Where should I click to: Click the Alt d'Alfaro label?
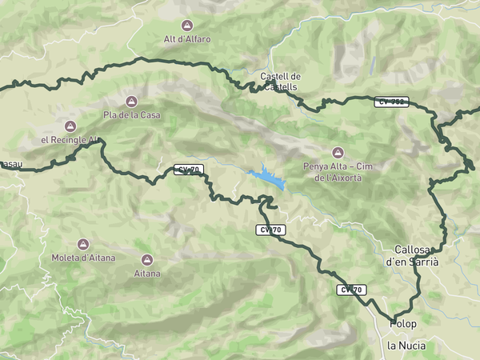click(187, 39)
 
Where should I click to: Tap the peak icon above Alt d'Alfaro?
click(187, 26)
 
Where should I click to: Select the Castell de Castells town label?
click(280, 81)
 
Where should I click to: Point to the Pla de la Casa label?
click(132, 115)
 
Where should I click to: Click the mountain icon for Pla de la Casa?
click(132, 102)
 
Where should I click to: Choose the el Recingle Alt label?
click(69, 139)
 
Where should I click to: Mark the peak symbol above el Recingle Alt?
click(70, 126)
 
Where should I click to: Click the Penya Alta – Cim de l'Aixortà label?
click(338, 172)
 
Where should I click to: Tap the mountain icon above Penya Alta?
click(338, 153)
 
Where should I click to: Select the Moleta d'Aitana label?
click(82, 258)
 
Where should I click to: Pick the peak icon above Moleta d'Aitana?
click(82, 244)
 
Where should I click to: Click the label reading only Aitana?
click(147, 274)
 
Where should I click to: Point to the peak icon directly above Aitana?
click(147, 260)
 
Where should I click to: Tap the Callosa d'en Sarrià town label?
click(413, 255)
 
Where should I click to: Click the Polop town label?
click(404, 323)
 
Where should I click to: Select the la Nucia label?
click(406, 346)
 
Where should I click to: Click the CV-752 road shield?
click(392, 102)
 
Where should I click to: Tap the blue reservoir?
click(267, 178)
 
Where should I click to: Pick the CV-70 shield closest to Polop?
click(351, 290)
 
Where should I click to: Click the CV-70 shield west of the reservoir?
click(189, 170)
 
